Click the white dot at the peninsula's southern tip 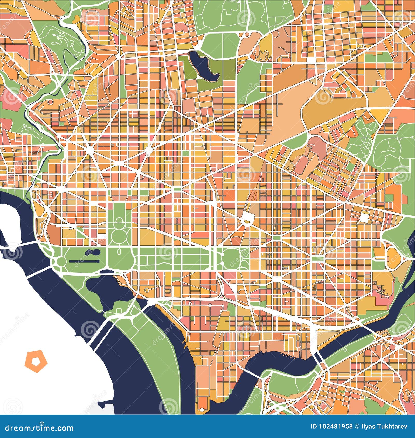pos(201,411)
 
